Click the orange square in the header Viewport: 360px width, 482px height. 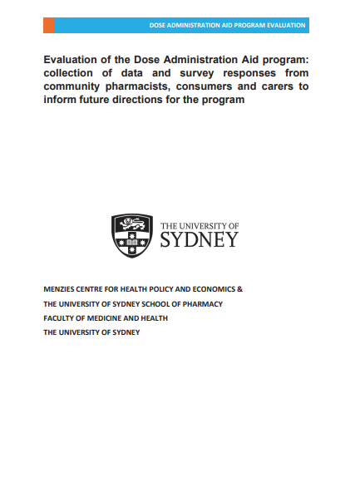[48, 26]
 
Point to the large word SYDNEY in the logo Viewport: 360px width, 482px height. [198, 240]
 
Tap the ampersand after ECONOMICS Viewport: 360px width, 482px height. [240, 289]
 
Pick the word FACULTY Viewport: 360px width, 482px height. [59, 318]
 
